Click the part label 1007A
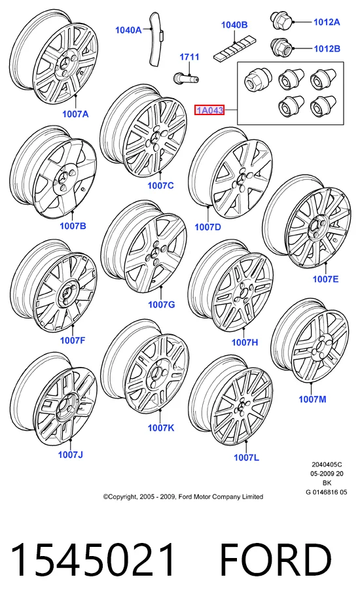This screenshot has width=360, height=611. click(75, 114)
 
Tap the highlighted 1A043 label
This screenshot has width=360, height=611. click(209, 111)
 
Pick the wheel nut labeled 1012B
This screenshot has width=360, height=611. click(281, 48)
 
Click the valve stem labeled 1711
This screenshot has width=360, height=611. click(186, 77)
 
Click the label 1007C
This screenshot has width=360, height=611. click(160, 186)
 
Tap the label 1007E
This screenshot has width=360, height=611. click(326, 279)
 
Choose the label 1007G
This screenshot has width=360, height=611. click(162, 304)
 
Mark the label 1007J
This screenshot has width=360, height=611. click(71, 455)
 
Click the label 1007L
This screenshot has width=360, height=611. click(246, 457)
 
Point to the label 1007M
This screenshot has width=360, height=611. click(312, 399)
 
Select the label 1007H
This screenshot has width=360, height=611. click(245, 342)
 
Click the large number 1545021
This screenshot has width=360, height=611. click(93, 560)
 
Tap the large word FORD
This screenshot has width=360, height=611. click(276, 560)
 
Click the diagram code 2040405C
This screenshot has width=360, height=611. click(327, 464)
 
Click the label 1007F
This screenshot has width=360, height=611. click(72, 340)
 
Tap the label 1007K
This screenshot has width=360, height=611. click(161, 428)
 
